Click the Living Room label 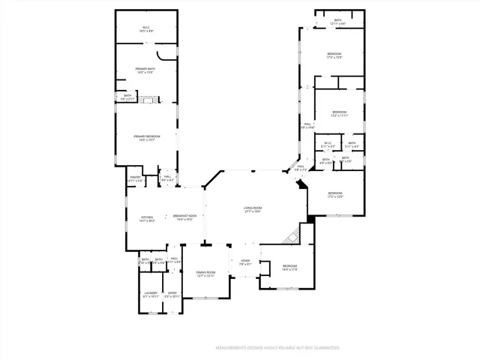(x=251, y=209)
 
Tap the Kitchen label (x=147, y=218)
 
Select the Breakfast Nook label (x=184, y=217)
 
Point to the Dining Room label (x=205, y=274)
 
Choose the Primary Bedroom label (x=148, y=137)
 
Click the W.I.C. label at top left (x=146, y=29)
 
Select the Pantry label (x=135, y=179)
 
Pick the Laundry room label (x=151, y=295)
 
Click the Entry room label (x=172, y=295)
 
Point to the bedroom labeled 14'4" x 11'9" (x=289, y=268)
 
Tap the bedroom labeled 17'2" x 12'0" (x=334, y=195)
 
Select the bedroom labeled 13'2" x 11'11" (x=339, y=114)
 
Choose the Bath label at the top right (x=337, y=22)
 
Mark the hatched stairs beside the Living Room (x=291, y=236)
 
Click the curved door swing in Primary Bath (x=166, y=55)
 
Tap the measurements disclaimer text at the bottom (x=277, y=348)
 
